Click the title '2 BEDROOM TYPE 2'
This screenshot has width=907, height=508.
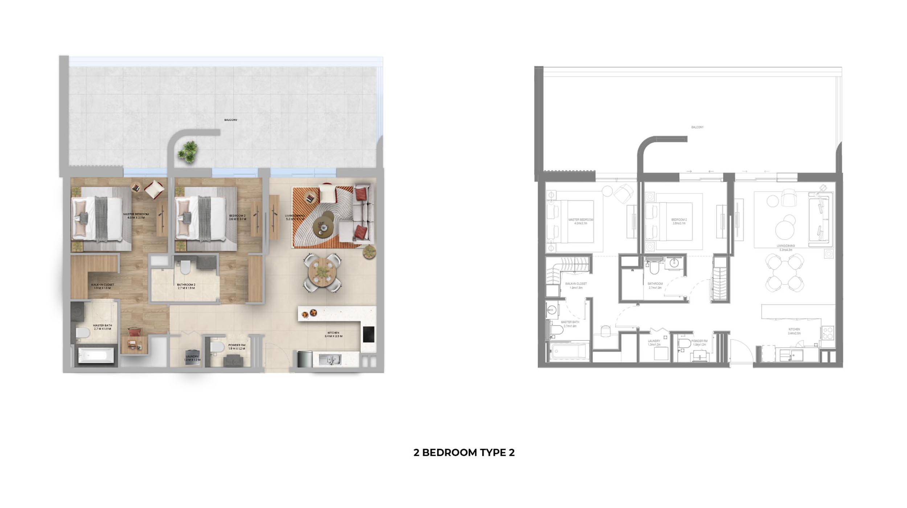point(464,452)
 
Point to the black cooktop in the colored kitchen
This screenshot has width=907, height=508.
point(369,334)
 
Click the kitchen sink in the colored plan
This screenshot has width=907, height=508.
point(329,359)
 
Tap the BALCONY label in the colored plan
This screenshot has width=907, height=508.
point(231,120)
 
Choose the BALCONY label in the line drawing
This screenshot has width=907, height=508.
point(697,127)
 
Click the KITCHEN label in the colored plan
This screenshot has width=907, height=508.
point(333,334)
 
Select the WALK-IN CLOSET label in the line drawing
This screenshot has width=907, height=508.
point(576,286)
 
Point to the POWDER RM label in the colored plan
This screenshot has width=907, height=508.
point(237,347)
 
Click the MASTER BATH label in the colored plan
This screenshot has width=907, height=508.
point(102,327)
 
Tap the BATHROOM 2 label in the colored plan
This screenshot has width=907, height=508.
point(186,286)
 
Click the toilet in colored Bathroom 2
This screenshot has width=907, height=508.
point(185,267)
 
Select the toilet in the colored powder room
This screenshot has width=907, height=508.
point(217,347)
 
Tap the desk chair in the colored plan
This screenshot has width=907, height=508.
point(134,332)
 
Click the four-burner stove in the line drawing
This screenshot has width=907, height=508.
point(828,333)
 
